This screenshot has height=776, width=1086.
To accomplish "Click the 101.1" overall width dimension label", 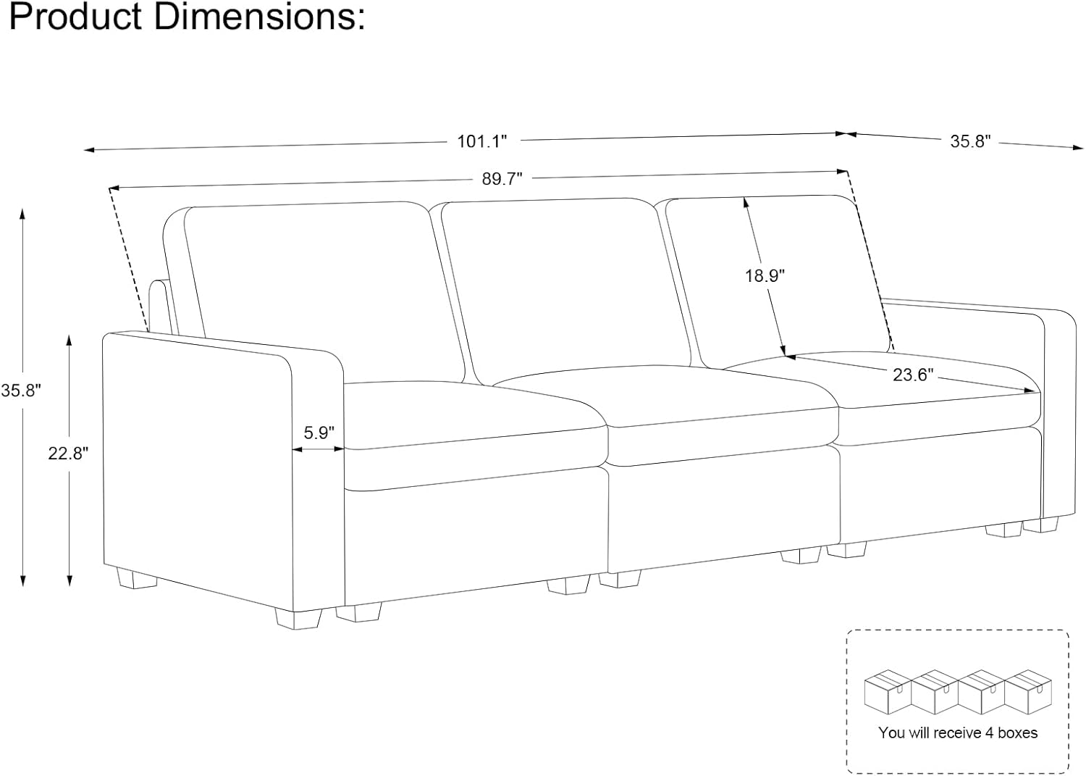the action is coord(482,141).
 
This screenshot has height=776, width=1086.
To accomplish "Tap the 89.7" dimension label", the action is coord(502,179).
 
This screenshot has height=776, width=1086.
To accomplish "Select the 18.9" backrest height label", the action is coord(765,275).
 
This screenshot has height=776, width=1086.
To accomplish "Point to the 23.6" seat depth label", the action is coord(913,374).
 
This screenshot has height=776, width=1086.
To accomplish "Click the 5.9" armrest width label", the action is coord(319,432).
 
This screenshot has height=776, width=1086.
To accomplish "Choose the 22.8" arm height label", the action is coord(68,453).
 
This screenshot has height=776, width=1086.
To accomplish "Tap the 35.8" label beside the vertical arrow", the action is coord(21,391).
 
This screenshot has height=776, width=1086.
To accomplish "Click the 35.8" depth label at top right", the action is coord(970,141).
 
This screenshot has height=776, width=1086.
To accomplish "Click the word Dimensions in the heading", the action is coord(260,17).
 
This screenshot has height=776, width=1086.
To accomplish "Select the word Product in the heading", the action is coord(75,17).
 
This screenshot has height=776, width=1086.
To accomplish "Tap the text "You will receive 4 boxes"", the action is coord(958,733).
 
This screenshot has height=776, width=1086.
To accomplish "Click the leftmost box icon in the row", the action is coord(888,691).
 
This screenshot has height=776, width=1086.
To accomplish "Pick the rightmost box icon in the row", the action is coord(1028,691).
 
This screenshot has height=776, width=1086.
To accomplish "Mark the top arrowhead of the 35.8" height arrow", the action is coord(22,214).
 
